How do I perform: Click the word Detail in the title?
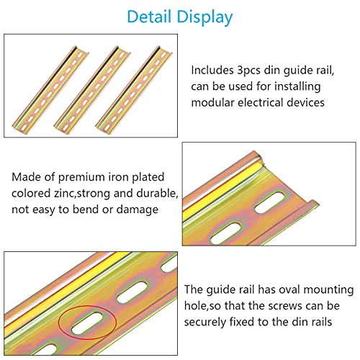click(x=149, y=17)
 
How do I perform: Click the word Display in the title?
click(x=204, y=17)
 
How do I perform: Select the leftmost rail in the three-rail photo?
click(x=50, y=89)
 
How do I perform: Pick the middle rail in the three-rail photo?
click(x=92, y=89)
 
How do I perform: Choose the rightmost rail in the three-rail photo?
click(x=134, y=89)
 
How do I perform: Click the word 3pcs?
click(x=248, y=71)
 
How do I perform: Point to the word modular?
click(x=212, y=102)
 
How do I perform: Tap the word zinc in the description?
click(x=63, y=193)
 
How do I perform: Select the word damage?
click(x=138, y=210)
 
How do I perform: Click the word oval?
click(x=288, y=289)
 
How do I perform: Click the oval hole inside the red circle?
click(x=86, y=324)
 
